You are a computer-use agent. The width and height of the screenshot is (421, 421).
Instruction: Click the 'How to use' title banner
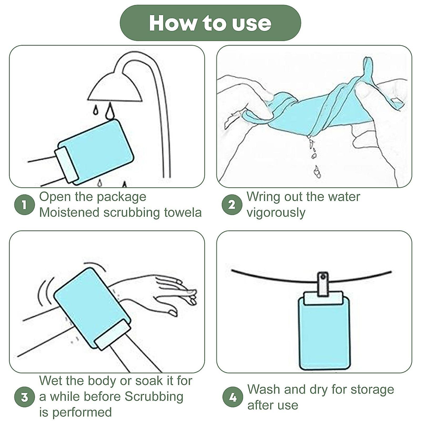click(210, 23)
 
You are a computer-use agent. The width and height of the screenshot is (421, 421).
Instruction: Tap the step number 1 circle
click(25, 205)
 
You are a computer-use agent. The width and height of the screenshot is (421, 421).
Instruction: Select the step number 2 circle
click(232, 205)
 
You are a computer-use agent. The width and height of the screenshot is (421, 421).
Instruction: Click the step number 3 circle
click(25, 397)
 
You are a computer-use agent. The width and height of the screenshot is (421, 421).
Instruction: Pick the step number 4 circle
click(233, 397)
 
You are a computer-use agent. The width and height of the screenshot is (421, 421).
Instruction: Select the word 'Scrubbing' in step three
click(154, 397)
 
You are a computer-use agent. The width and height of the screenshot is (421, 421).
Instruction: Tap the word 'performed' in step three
click(82, 413)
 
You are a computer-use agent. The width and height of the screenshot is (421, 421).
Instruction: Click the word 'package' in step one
click(121, 198)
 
